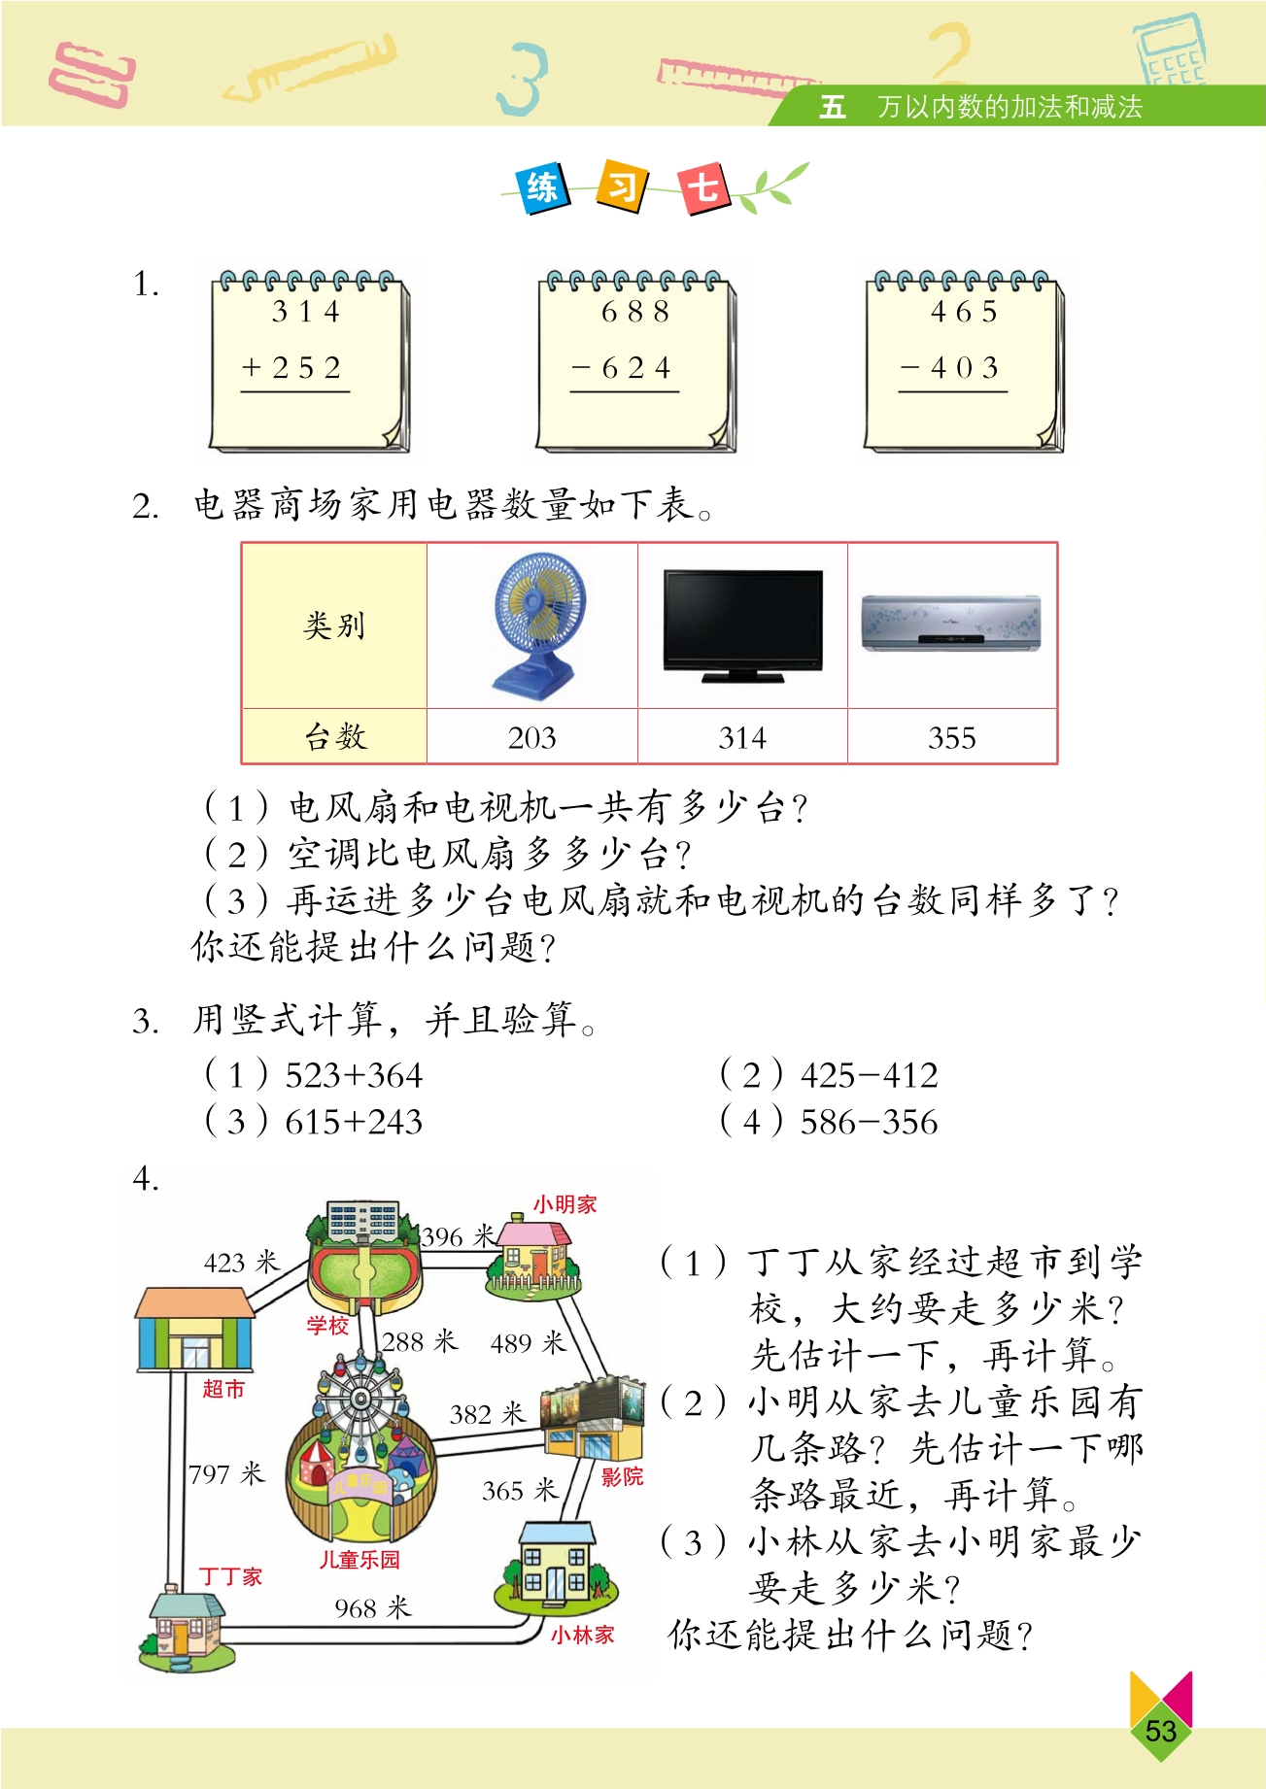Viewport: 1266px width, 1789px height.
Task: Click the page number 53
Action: click(x=1160, y=1730)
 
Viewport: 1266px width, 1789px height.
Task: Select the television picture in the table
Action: click(x=742, y=626)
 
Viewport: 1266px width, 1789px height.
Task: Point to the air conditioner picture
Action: click(x=951, y=623)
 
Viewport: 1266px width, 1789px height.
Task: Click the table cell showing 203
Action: click(x=532, y=737)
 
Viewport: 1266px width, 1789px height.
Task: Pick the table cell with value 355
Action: click(x=952, y=737)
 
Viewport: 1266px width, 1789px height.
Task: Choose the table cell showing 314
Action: click(x=742, y=737)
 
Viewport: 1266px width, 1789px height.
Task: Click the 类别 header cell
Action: click(x=334, y=625)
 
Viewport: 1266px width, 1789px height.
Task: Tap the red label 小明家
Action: click(x=565, y=1204)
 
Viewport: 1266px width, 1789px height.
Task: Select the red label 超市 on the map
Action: click(x=223, y=1389)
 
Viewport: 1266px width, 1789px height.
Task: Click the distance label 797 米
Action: click(x=226, y=1473)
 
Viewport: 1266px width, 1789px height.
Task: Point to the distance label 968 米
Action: click(x=373, y=1607)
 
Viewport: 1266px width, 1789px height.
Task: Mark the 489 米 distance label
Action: click(x=528, y=1342)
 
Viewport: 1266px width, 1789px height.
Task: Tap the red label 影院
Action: click(x=622, y=1477)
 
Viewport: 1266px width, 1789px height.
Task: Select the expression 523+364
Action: click(x=354, y=1075)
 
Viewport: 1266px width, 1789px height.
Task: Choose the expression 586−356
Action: click(x=869, y=1122)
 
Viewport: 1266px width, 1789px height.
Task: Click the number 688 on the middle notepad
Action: click(x=635, y=312)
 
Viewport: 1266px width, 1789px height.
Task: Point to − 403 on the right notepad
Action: click(x=950, y=368)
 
